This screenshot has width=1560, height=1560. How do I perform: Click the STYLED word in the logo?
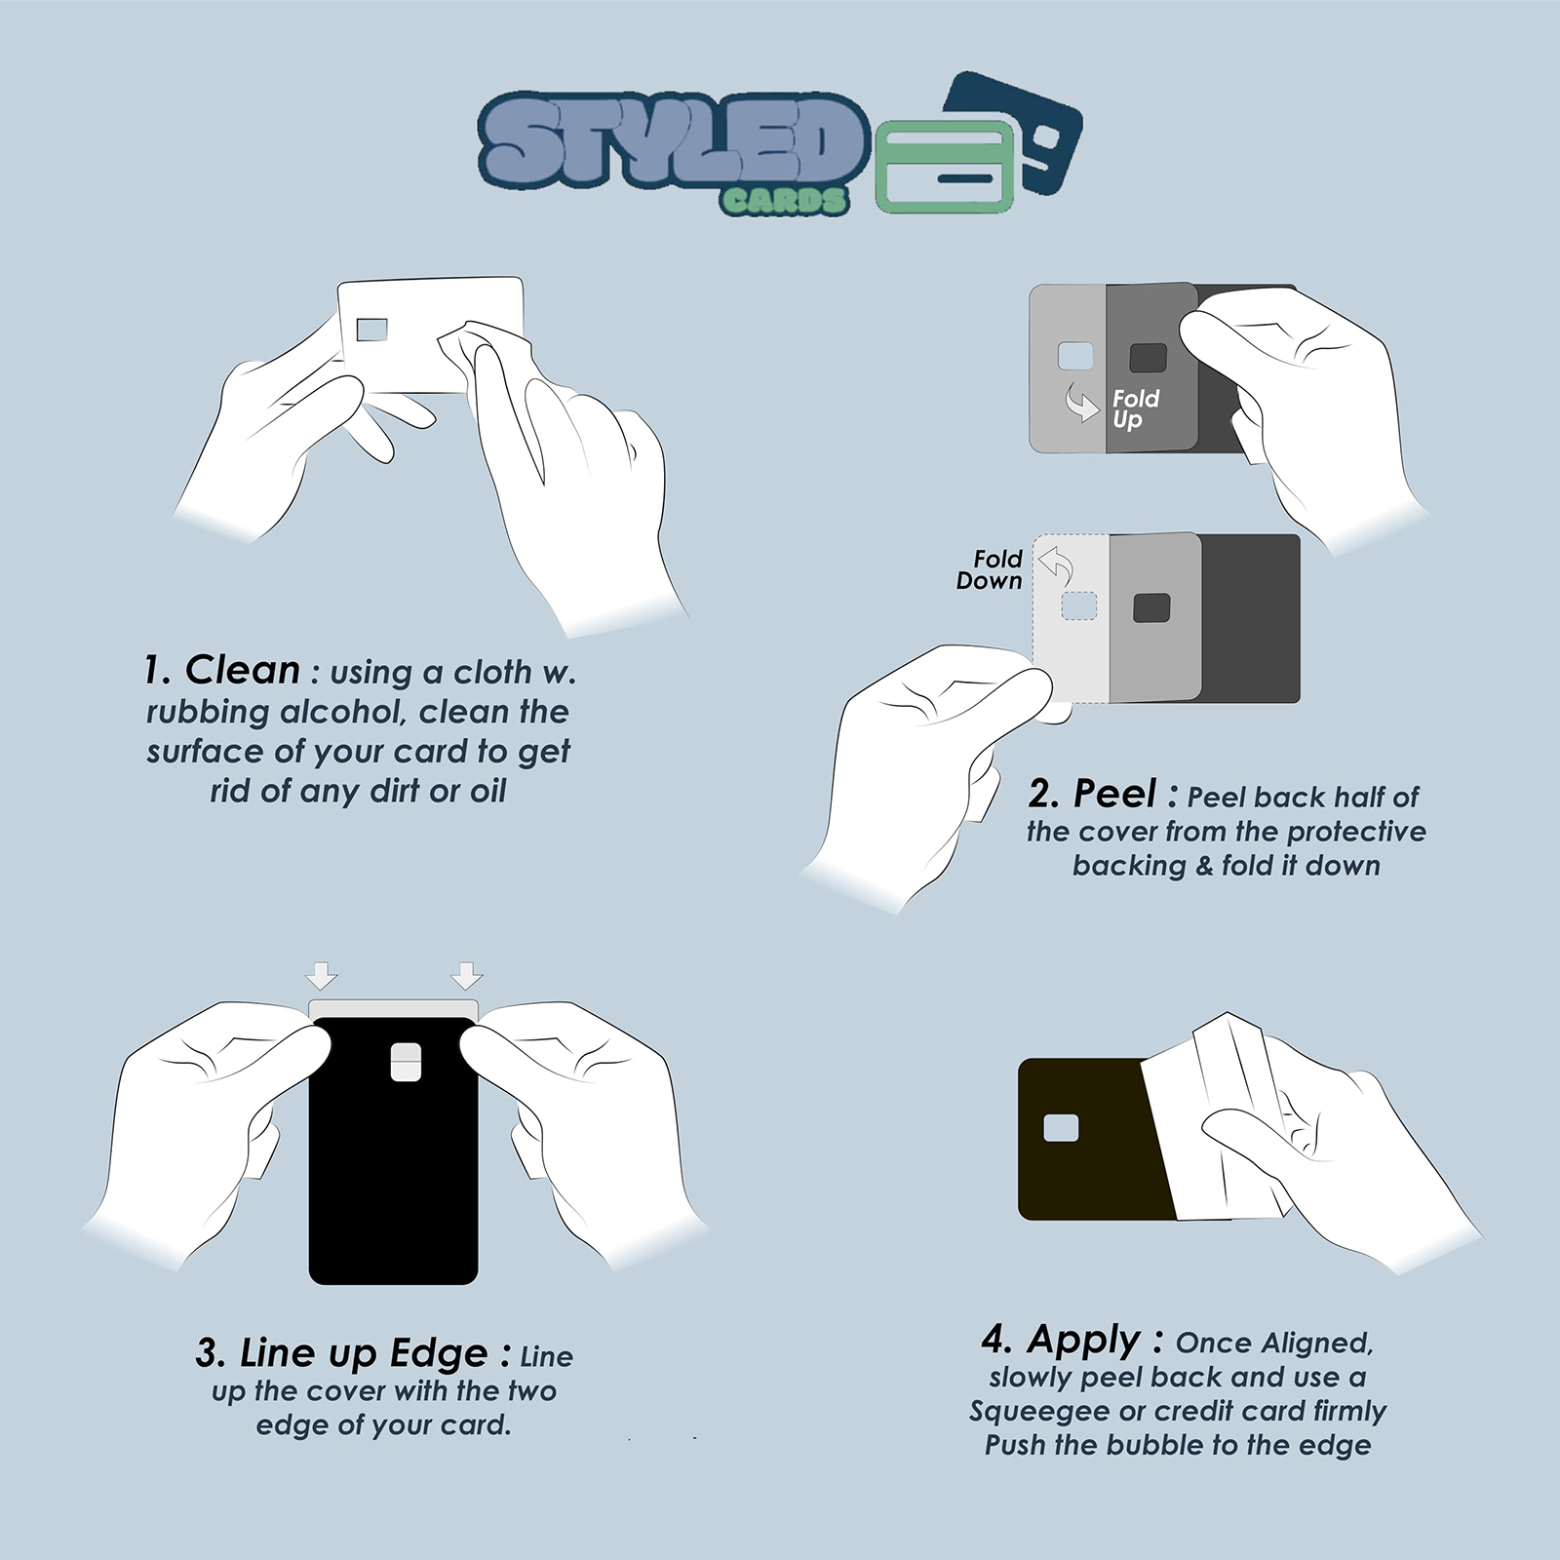click(673, 141)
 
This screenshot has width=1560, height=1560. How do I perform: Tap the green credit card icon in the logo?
click(945, 167)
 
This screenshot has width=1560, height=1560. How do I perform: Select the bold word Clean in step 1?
click(243, 670)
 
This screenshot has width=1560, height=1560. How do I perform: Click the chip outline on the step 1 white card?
click(371, 330)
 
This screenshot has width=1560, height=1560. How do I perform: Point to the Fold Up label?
click(1135, 409)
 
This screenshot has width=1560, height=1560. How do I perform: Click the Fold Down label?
click(989, 569)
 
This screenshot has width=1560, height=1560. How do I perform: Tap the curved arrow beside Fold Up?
click(1080, 401)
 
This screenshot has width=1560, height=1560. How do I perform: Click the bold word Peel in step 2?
click(1114, 794)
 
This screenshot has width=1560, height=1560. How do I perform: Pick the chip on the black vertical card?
click(406, 1062)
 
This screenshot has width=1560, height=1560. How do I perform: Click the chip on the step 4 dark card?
click(1061, 1128)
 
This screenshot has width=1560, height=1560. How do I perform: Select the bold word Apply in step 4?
click(1083, 1341)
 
